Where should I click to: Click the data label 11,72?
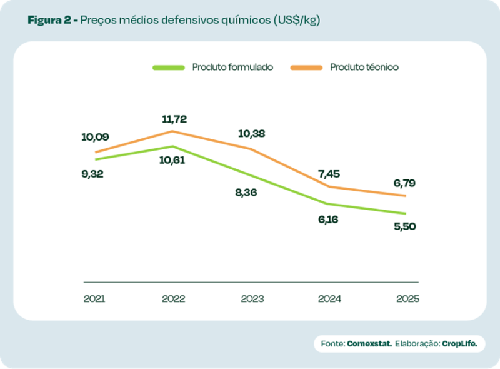click(174, 119)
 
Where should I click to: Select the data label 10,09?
click(95, 136)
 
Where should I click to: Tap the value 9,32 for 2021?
click(92, 174)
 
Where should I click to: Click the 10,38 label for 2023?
click(252, 133)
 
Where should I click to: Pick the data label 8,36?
click(246, 192)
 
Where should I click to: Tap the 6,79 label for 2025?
click(404, 183)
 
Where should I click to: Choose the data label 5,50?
click(404, 226)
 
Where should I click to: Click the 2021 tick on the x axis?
click(94, 298)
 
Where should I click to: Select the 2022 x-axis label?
click(173, 298)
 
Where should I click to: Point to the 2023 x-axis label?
click(252, 298)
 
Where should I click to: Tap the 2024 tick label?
click(330, 298)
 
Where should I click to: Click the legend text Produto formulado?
click(232, 67)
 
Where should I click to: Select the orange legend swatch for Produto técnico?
click(306, 67)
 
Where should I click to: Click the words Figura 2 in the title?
click(49, 20)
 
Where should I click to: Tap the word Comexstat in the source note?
click(369, 344)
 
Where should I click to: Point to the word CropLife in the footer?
click(463, 344)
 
